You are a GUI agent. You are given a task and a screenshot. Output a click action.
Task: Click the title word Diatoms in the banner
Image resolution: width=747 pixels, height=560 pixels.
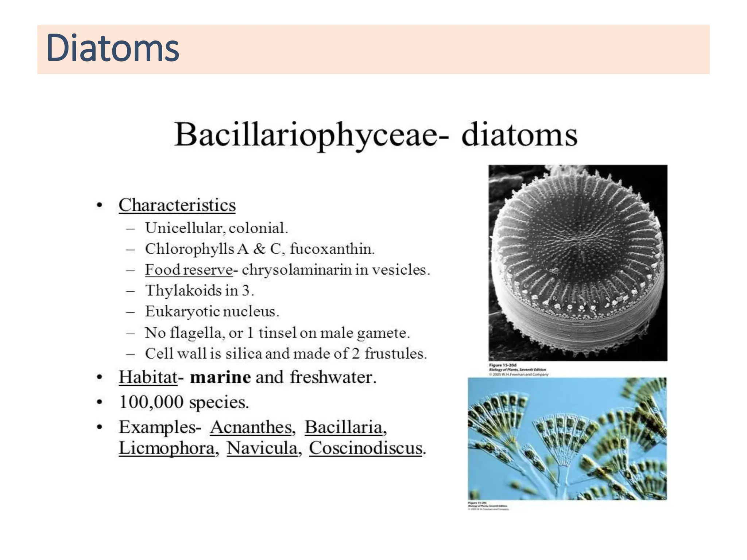[113, 48]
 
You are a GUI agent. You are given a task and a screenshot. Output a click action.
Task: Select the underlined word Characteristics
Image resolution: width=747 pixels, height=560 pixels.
[177, 205]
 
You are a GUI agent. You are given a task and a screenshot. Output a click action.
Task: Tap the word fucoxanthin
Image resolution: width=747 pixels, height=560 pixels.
[332, 249]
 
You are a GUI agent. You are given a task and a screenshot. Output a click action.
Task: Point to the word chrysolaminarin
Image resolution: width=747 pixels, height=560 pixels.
[297, 270]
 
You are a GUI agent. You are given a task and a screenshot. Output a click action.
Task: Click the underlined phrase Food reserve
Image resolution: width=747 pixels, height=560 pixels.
[189, 270]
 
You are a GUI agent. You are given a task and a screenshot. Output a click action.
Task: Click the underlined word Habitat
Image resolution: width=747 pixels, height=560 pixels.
[148, 377]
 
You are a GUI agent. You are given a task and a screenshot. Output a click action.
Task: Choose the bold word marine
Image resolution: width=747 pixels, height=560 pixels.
[220, 377]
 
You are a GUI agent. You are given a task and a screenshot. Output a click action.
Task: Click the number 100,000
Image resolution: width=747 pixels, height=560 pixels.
[151, 402]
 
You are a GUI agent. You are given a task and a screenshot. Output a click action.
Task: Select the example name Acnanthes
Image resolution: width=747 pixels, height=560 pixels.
[252, 427]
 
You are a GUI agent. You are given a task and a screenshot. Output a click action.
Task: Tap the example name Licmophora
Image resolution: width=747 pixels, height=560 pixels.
[167, 448]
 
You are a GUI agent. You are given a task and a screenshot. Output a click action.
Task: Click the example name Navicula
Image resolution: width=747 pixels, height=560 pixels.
[262, 448]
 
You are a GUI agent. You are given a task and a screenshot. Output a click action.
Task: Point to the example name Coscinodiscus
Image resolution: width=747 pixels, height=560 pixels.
[366, 448]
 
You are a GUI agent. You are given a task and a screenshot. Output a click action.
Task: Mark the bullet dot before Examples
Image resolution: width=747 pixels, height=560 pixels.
[99, 427]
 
